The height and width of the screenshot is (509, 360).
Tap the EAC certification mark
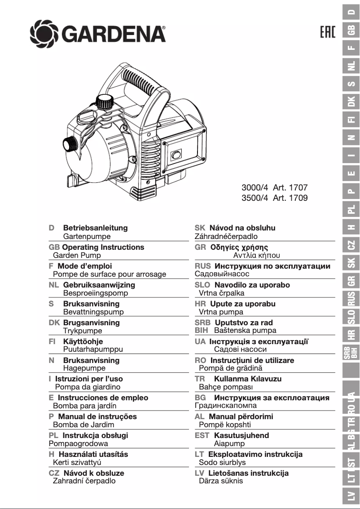pyautogui.click(x=328, y=33)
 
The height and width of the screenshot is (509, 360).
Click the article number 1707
pyautogui.click(x=298, y=188)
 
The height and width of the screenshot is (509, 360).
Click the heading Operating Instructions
pyautogui.click(x=103, y=247)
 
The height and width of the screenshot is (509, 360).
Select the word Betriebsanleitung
pyautogui.click(x=95, y=228)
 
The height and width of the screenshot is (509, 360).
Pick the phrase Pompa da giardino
pyautogui.click(x=88, y=386)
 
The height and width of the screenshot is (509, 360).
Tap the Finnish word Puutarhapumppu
pyautogui.click(x=93, y=349)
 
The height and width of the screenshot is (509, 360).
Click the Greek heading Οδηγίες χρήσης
pyautogui.click(x=239, y=247)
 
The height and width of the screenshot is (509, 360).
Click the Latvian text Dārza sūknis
pyautogui.click(x=221, y=481)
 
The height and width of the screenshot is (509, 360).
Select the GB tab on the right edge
pyautogui.click(x=352, y=30)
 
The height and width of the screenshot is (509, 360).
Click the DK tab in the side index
pyautogui.click(x=352, y=101)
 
